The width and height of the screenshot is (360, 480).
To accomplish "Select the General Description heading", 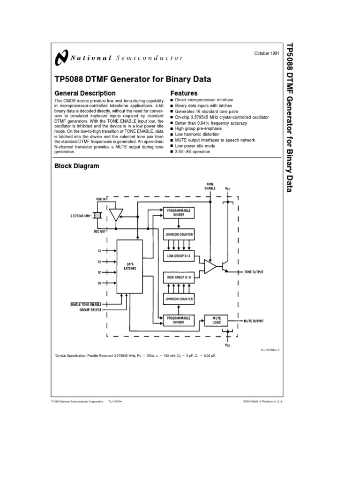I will (x=85, y=93).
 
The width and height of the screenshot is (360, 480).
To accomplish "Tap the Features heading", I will (x=184, y=93).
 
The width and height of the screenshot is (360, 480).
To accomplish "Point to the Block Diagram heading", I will (x=77, y=166).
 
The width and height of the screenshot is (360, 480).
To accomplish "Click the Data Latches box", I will (x=130, y=266).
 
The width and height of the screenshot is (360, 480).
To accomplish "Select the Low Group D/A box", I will (x=178, y=256).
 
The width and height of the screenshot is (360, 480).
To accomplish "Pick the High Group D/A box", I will (x=178, y=277).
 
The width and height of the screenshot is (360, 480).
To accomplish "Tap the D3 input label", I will (x=100, y=251).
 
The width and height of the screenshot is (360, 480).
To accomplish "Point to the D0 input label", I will (x=100, y=283).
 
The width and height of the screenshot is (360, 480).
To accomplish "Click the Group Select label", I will (x=90, y=310).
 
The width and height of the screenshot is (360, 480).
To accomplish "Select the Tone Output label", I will (x=254, y=272).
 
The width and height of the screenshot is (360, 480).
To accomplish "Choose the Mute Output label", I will (x=254, y=321).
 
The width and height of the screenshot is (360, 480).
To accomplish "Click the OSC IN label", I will (x=101, y=199).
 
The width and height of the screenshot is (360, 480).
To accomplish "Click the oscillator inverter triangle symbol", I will (x=115, y=215).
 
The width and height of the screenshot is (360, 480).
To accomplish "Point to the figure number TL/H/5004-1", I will (x=270, y=350).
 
